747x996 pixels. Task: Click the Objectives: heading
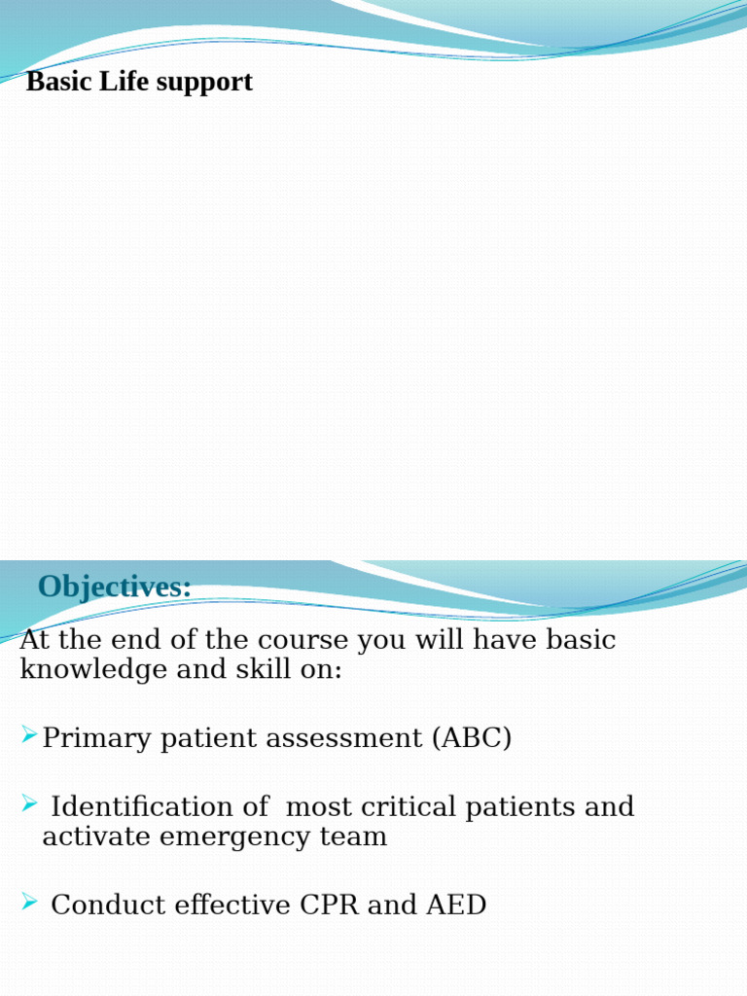click(x=115, y=587)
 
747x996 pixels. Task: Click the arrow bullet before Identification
click(x=29, y=803)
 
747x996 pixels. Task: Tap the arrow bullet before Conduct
click(x=29, y=902)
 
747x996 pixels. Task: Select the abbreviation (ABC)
click(x=472, y=738)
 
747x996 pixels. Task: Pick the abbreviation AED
click(x=456, y=906)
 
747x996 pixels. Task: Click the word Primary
click(x=96, y=738)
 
